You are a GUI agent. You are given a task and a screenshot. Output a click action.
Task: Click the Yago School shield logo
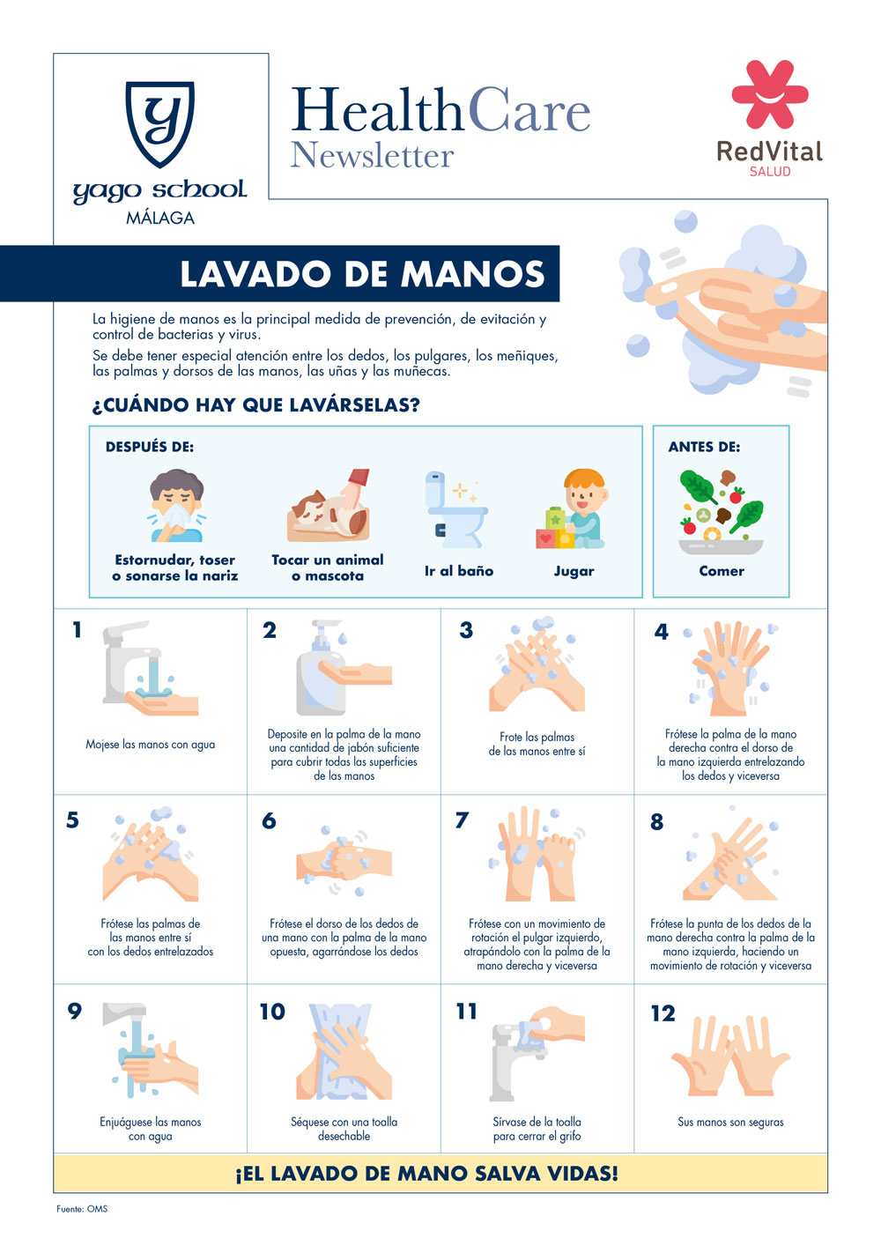tap(160, 123)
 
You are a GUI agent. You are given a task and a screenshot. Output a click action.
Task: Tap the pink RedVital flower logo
tap(770, 94)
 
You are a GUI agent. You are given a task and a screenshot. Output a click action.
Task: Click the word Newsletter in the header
tap(372, 155)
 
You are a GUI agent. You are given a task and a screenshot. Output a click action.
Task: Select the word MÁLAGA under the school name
tap(160, 217)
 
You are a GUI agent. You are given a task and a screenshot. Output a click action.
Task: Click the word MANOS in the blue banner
tap(472, 274)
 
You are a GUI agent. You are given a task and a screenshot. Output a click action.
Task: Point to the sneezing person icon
tap(176, 505)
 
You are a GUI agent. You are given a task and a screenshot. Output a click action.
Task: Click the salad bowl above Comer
tap(721, 512)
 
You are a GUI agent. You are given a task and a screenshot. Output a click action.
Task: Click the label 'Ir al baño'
tap(459, 571)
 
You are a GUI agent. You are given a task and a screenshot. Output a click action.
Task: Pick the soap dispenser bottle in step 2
tap(321, 668)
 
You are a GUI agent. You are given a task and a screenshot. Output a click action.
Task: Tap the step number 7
tap(463, 820)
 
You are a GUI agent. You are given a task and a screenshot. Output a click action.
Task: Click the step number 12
tap(663, 1013)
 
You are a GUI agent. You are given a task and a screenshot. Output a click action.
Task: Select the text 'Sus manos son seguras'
tap(730, 1122)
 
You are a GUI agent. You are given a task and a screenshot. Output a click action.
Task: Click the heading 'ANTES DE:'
tap(704, 447)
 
